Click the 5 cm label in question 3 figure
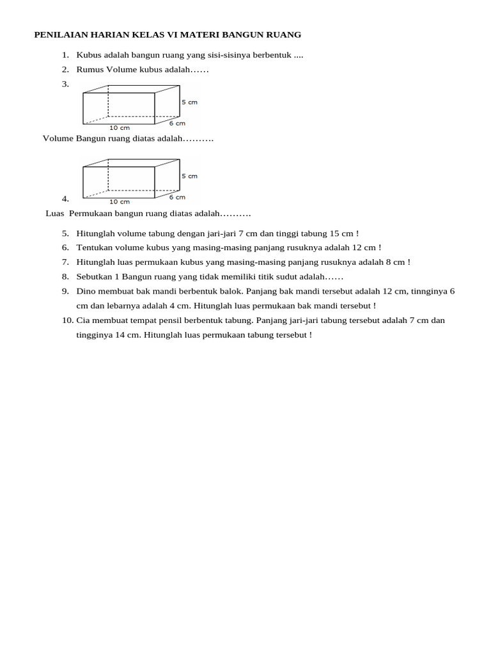coord(189,102)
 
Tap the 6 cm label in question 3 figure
coord(177,123)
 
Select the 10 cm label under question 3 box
coord(120,128)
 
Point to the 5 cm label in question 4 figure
coord(189,176)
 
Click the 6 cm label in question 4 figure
coord(177,197)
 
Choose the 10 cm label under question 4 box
coord(120,201)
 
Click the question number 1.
coord(65,55)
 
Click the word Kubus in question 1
coord(89,55)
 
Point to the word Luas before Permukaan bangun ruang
coord(56,213)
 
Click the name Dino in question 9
coord(86,291)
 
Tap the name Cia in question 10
coord(83,320)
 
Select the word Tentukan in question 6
coord(95,248)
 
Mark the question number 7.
coord(65,262)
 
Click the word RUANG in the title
coord(284,35)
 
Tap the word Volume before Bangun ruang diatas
coord(58,138)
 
